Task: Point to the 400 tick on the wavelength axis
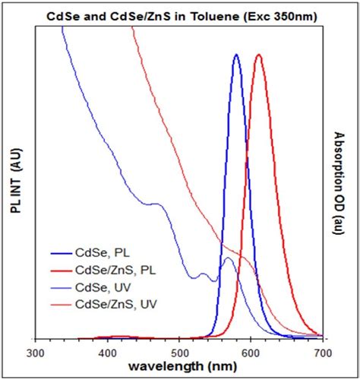(108, 353)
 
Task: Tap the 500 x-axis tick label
(179, 353)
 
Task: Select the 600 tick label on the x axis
(251, 353)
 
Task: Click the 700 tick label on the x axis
(323, 353)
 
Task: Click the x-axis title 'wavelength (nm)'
(180, 367)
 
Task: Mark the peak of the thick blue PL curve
(237, 55)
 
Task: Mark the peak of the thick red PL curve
(259, 55)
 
